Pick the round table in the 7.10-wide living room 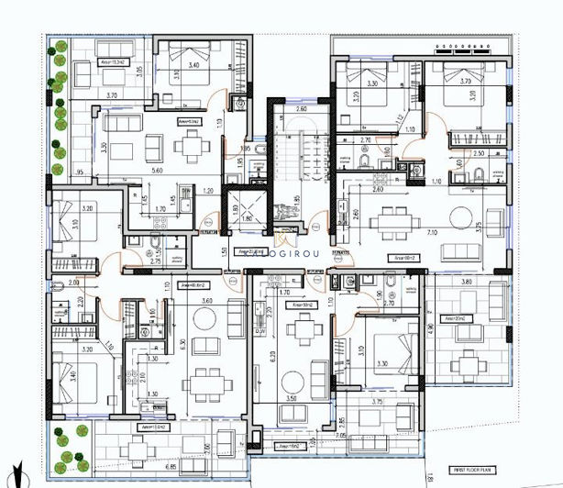point(458,217)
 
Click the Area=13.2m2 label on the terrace point(113,62)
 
